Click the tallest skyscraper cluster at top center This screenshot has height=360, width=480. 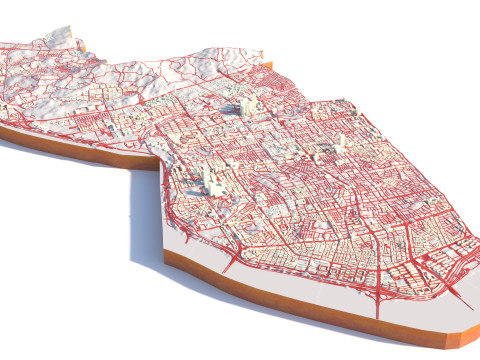244,105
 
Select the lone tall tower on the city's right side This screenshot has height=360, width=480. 340,141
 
